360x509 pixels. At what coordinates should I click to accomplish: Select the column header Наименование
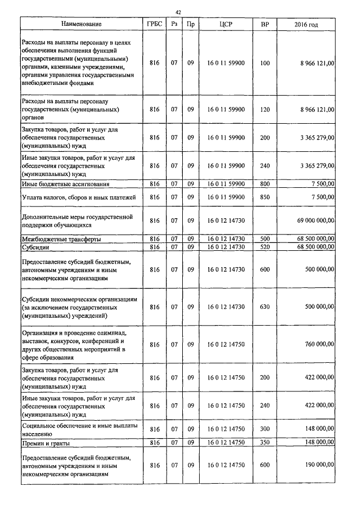tap(82, 25)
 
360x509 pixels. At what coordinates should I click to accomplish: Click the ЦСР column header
tap(226, 25)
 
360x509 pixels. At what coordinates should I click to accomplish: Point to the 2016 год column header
tap(306, 25)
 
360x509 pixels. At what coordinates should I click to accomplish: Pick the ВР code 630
tap(265, 307)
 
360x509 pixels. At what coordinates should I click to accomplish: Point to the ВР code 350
tap(265, 443)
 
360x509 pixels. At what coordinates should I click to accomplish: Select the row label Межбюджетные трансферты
tap(61, 239)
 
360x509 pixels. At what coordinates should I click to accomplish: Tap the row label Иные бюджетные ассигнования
tap(65, 184)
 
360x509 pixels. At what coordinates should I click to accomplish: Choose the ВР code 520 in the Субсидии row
tap(265, 247)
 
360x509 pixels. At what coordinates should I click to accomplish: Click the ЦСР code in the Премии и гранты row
tap(226, 443)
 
